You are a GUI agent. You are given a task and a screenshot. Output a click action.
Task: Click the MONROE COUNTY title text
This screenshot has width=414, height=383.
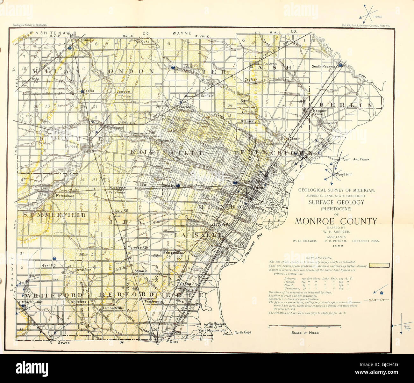336,221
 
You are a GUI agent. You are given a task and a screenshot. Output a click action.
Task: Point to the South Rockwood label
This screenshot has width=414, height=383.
325,66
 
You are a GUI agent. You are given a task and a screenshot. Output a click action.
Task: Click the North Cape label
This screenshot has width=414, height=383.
243,332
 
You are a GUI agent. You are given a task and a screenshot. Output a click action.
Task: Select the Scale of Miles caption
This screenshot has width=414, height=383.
305,333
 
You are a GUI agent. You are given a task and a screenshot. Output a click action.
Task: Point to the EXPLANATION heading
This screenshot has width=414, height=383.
319,257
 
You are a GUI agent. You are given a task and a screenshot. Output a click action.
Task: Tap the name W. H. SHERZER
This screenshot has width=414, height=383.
336,232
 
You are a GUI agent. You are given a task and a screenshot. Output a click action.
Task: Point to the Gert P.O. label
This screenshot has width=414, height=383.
49,265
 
